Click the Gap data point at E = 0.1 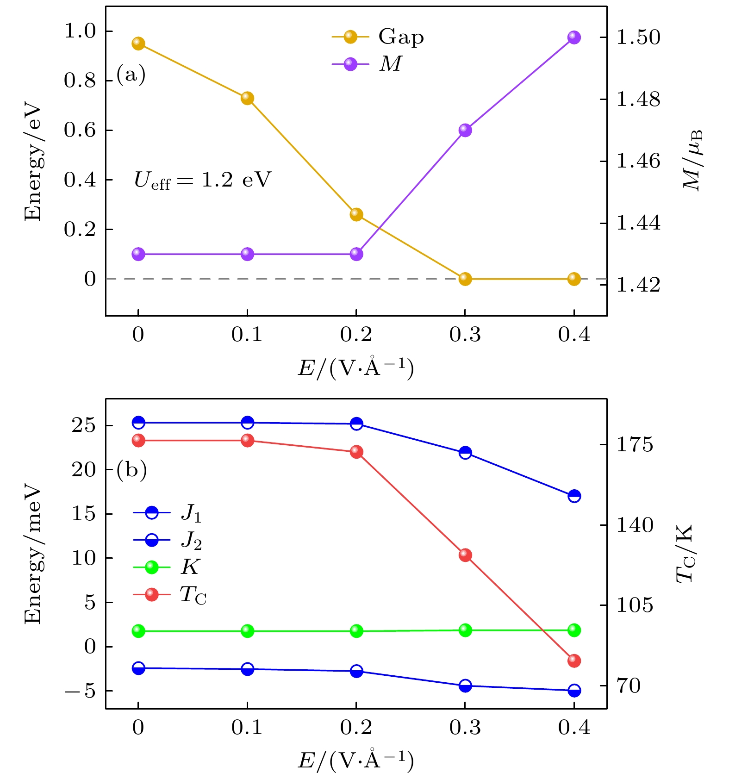coord(247,98)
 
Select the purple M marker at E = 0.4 coord(574,37)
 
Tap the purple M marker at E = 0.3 coord(465,130)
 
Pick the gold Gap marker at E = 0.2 coord(356,214)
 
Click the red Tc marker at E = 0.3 coord(465,555)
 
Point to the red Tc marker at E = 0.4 coord(574,661)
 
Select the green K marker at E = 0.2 coord(356,631)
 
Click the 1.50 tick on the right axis coord(638,37)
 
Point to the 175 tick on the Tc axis coord(634,445)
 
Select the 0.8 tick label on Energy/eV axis coord(80,81)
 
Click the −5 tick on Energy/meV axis coord(80,691)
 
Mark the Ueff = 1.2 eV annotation coord(202,180)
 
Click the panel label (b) coord(131,469)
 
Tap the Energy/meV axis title coord(33,555)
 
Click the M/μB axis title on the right coord(693,160)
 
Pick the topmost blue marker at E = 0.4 coord(574,496)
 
